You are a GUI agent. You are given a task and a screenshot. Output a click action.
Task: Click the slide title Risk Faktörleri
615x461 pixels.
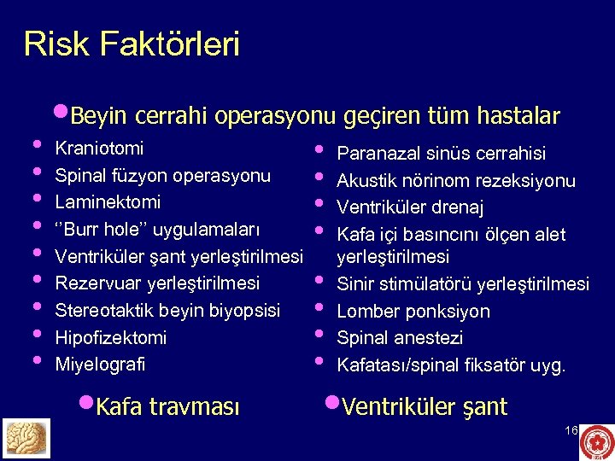pos(132,44)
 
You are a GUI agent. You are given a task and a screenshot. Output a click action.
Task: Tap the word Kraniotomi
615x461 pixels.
pos(99,148)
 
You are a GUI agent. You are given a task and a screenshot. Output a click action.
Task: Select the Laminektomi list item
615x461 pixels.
pos(108,203)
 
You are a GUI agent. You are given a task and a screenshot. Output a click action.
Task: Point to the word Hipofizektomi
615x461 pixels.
pos(111,337)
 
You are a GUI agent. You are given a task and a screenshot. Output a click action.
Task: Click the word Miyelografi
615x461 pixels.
pos(100,364)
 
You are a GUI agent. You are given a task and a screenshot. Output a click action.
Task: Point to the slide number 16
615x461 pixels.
pos(571,430)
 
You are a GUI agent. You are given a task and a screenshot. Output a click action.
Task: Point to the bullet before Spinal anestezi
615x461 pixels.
pos(319,336)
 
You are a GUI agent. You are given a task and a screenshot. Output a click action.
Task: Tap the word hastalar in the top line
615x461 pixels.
pos(521,115)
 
